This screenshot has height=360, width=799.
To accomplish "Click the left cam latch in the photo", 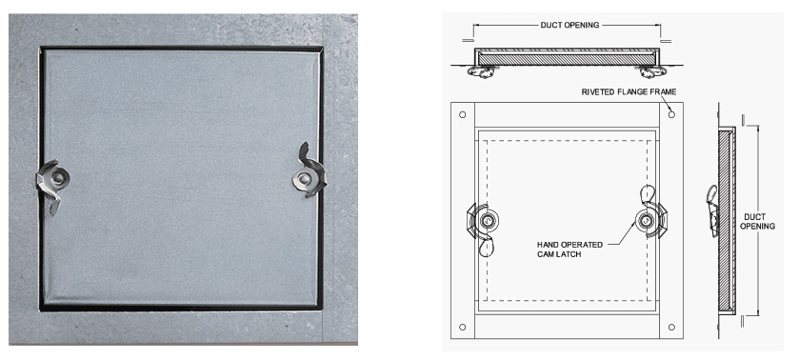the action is [52, 183].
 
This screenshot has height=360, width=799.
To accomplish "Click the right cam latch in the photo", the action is [309, 173].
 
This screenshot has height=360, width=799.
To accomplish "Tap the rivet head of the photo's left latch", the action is [59, 177].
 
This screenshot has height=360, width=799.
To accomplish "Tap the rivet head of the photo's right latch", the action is [303, 179].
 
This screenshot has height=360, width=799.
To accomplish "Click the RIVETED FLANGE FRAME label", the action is [629, 91].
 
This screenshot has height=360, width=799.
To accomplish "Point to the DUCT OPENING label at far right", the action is [757, 221].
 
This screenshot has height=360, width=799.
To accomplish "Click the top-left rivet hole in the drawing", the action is [462, 114].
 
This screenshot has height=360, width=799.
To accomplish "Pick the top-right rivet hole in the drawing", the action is [671, 114].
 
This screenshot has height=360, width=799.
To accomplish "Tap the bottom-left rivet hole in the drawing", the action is [462, 327].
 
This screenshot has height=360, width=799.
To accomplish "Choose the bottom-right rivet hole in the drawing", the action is [671, 327].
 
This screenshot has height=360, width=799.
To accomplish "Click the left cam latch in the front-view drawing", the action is [482, 225].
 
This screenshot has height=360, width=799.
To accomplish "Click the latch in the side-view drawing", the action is [712, 210].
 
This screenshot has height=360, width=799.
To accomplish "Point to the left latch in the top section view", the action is [481, 72].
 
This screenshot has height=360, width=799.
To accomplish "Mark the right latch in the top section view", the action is [650, 72].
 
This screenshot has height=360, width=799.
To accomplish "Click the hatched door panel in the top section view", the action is [567, 59].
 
